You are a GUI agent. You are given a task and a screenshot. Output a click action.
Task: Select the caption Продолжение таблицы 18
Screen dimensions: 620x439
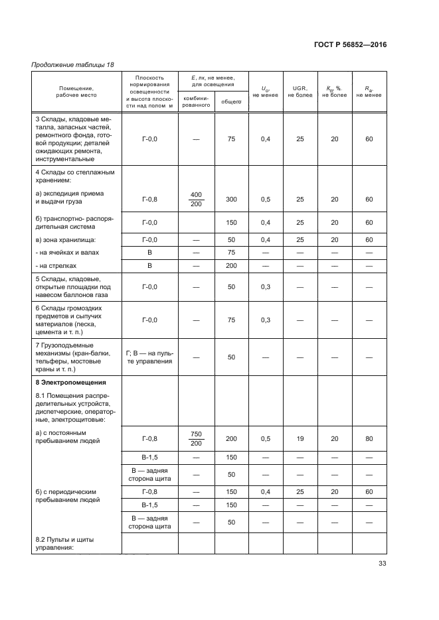(72, 64)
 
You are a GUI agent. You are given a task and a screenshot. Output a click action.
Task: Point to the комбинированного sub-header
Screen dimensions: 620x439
(196, 101)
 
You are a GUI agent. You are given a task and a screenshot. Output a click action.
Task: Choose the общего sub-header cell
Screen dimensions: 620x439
(230, 101)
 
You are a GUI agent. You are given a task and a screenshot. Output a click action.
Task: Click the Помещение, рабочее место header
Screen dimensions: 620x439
(75, 92)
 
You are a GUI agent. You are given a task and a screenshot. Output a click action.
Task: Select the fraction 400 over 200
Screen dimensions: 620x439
(196, 199)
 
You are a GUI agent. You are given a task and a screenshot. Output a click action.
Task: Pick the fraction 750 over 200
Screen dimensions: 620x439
(196, 438)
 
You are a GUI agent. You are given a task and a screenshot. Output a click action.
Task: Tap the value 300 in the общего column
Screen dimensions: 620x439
(231, 199)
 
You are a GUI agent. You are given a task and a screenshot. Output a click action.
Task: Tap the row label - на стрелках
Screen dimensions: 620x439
(56, 265)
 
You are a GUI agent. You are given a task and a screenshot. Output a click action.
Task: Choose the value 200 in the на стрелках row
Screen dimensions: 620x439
(231, 265)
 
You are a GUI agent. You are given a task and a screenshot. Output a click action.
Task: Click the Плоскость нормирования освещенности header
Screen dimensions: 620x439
(149, 91)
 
